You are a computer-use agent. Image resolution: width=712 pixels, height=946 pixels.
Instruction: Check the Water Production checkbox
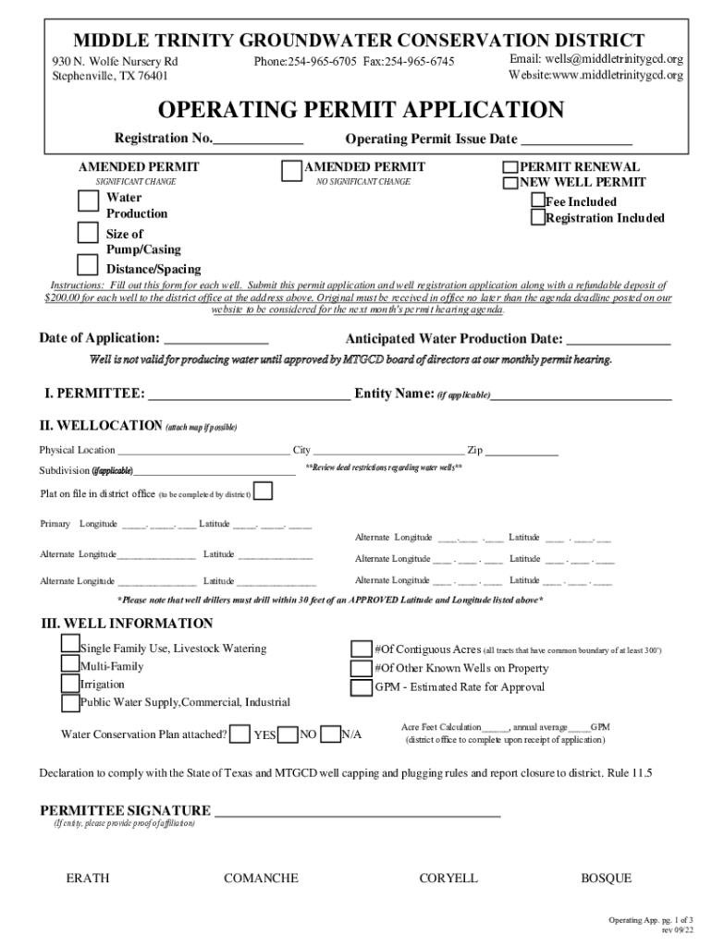point(88,201)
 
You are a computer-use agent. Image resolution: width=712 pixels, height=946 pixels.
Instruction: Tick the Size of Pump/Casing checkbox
point(88,232)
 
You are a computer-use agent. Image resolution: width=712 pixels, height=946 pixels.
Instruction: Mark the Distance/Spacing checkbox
point(88,264)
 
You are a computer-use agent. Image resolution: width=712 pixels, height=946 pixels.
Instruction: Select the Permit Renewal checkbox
point(509,168)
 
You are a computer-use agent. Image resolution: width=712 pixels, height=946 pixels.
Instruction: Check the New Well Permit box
point(509,183)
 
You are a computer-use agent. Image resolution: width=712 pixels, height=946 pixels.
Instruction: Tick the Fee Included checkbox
point(537,200)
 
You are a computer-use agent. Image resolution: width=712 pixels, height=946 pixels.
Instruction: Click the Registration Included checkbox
point(537,217)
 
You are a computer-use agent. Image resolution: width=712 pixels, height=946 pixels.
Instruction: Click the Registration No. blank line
point(258,140)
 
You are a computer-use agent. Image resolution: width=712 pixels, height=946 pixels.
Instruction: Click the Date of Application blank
point(215,339)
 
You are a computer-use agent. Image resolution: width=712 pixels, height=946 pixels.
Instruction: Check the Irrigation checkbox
point(70,685)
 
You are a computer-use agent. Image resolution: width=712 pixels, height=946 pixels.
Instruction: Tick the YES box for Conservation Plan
point(240,734)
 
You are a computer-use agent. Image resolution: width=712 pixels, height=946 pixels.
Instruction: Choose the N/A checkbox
point(330,734)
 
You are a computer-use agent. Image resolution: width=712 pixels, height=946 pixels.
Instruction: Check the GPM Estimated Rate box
point(361,687)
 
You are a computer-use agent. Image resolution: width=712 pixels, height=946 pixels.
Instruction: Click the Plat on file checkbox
point(263,491)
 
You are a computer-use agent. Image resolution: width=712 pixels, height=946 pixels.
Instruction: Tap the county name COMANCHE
point(261,879)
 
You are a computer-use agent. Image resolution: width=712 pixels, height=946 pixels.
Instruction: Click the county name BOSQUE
point(606,879)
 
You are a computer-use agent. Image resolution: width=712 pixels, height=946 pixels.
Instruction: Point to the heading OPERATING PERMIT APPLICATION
point(361,111)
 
